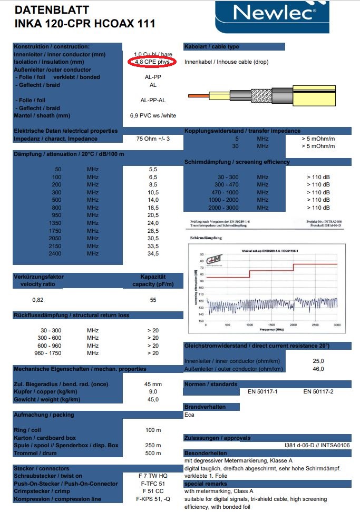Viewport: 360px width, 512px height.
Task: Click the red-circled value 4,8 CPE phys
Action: tap(153, 62)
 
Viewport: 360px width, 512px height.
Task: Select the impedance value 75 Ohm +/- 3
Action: tap(153, 139)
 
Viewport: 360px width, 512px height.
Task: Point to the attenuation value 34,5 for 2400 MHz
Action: tap(153, 253)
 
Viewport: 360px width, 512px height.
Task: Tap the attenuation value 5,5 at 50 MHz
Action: tap(153, 169)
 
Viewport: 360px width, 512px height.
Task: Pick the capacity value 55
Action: tap(153, 299)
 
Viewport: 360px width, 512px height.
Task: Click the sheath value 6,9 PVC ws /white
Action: tap(153, 115)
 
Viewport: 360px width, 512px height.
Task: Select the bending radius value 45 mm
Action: tap(153, 383)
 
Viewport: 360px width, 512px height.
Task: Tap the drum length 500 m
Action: tap(153, 453)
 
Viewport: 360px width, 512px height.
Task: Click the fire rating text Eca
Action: tap(189, 415)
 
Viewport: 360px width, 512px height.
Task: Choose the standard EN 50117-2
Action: tap(318, 391)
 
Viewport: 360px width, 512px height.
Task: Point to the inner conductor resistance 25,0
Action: tap(318, 361)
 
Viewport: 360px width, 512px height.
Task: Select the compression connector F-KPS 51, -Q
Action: tap(153, 499)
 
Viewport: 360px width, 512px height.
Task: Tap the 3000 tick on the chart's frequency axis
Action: tap(337, 324)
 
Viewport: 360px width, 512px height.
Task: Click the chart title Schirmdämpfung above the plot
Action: tap(206, 238)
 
